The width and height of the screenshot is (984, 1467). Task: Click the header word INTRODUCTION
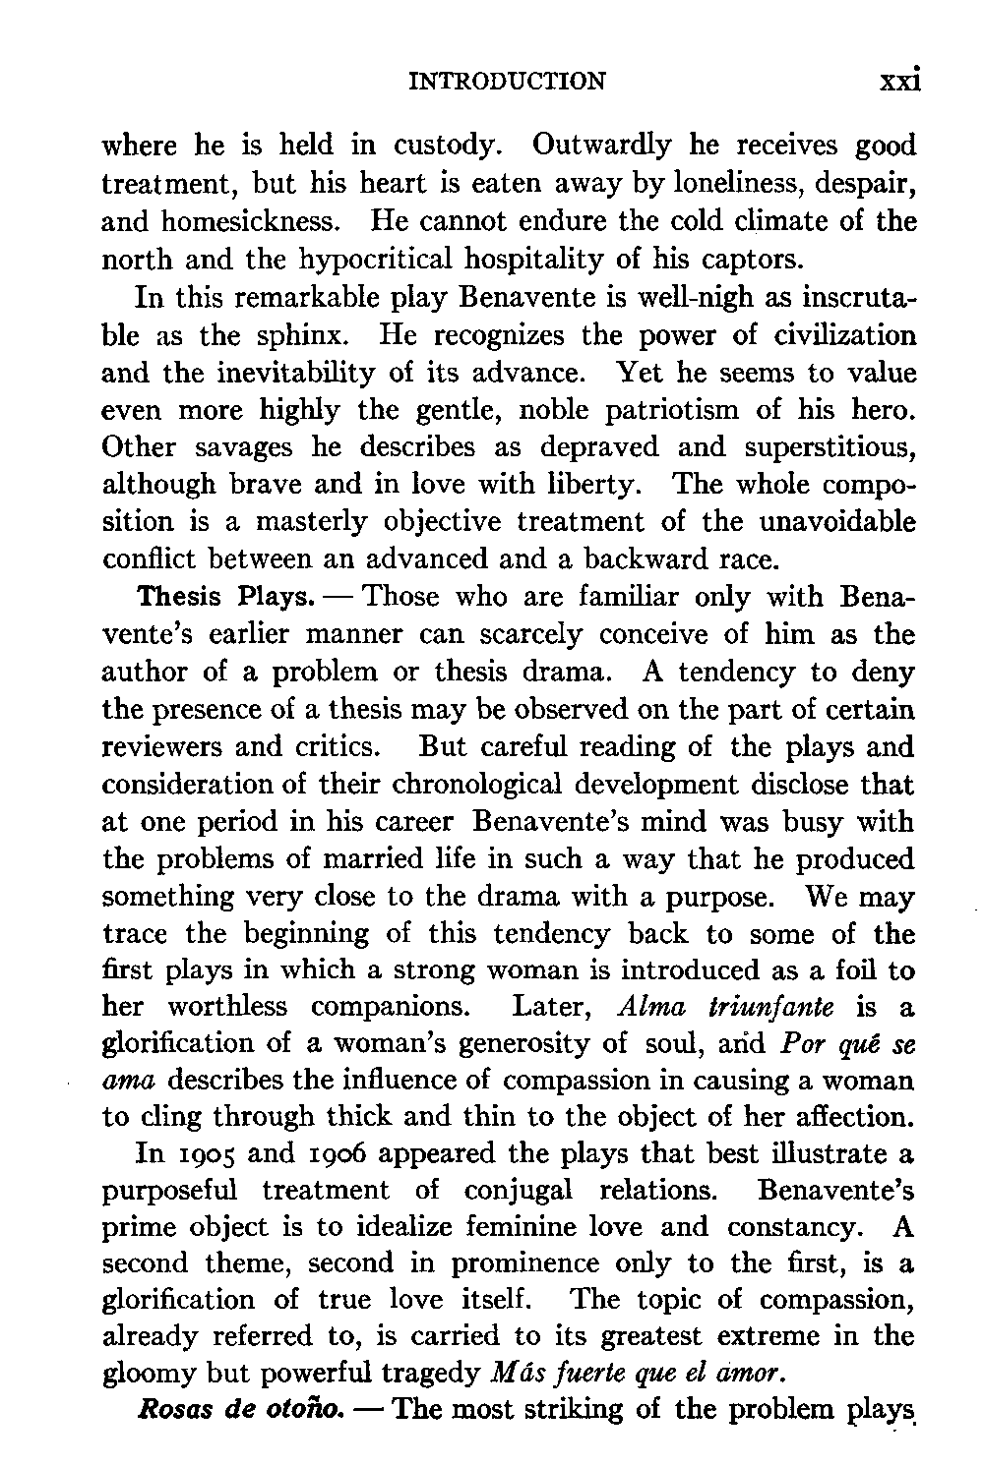click(507, 81)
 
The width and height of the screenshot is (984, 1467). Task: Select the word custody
click(442, 146)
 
